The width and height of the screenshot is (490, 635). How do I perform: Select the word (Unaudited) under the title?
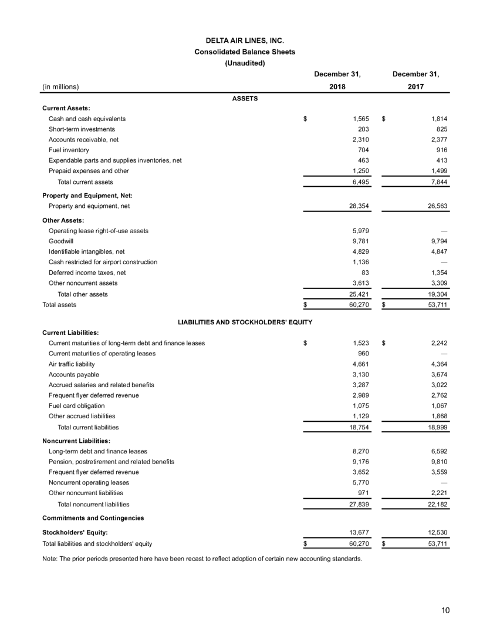point(245,63)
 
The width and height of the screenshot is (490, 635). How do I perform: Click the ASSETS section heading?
point(245,99)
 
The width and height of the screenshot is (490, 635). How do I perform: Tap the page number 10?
point(446,610)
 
